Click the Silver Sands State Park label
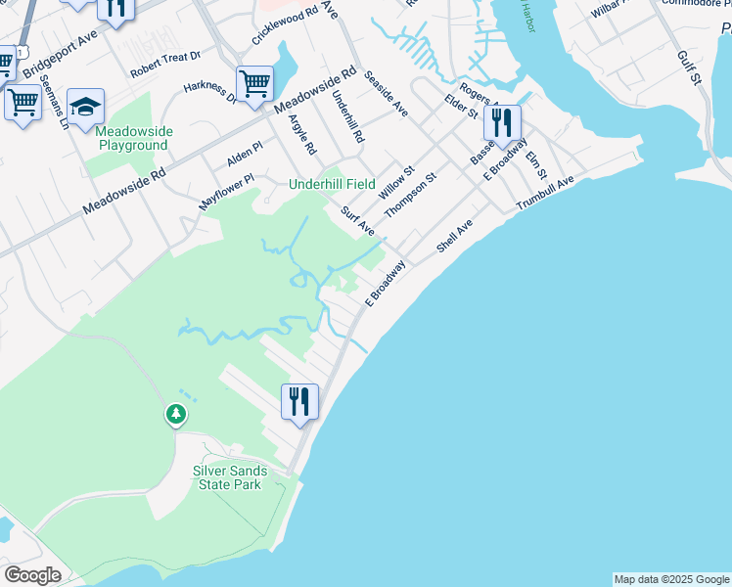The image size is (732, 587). click(x=228, y=477)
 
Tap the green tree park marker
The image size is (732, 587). click(x=176, y=415)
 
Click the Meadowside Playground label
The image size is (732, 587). click(x=133, y=138)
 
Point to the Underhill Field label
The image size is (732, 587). click(x=332, y=184)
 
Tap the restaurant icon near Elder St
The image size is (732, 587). click(x=502, y=123)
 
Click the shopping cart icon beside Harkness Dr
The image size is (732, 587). click(x=254, y=84)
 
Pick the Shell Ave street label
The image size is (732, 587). click(x=454, y=235)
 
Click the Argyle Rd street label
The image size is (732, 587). click(x=302, y=135)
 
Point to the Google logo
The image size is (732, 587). click(x=31, y=575)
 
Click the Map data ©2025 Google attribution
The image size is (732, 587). click(x=671, y=579)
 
